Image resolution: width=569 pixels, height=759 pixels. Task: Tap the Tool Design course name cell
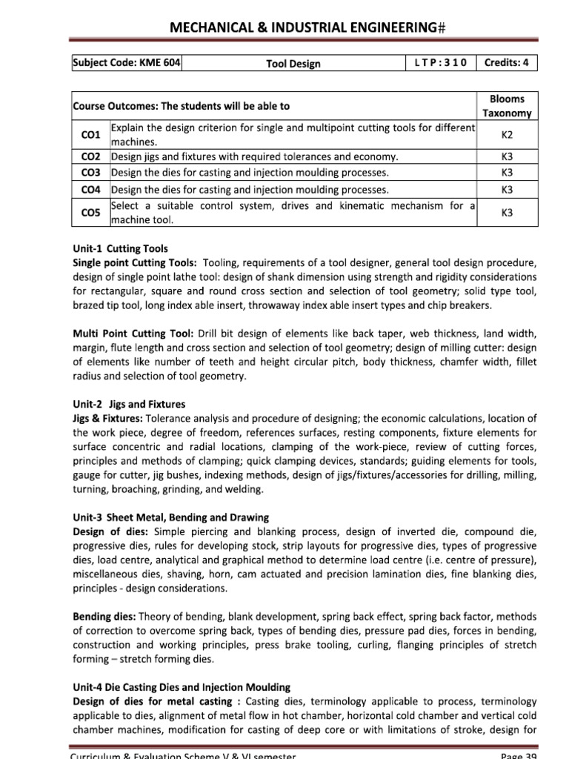tap(293, 64)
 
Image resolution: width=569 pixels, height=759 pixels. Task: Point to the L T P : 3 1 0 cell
tap(441, 63)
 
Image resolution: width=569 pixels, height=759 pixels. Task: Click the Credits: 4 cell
tap(507, 63)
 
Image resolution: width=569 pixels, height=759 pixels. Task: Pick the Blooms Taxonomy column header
tap(507, 106)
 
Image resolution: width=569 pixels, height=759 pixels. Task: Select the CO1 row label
tap(90, 135)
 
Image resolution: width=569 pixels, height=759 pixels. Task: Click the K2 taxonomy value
tap(507, 135)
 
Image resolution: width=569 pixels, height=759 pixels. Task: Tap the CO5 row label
tap(90, 213)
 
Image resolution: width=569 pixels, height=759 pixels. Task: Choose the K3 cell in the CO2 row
tap(507, 157)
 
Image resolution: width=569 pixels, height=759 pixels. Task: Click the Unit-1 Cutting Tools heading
tap(120, 249)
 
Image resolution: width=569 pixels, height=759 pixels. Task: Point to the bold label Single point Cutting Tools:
tap(134, 263)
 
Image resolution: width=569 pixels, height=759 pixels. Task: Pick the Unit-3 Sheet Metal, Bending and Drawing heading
tap(170, 517)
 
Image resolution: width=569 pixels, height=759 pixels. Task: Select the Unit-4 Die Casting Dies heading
tap(182, 687)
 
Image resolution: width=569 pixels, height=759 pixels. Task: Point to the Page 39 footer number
tap(519, 755)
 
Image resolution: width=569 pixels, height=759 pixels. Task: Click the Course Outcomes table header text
tap(181, 106)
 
